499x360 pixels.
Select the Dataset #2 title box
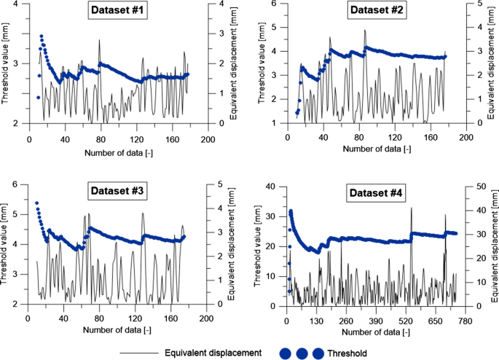point(373,11)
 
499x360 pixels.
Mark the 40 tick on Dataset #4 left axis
point(275,187)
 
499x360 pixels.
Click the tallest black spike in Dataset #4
point(411,208)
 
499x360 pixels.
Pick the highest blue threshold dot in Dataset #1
point(42,36)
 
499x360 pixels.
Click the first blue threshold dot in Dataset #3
point(36,203)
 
